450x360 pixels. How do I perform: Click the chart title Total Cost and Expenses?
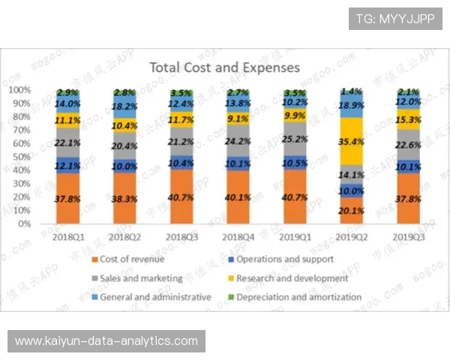click(224, 67)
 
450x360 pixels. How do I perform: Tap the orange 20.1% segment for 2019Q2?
click(351, 210)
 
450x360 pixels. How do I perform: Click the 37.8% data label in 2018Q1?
click(68, 199)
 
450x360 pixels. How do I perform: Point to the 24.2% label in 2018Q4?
click(237, 140)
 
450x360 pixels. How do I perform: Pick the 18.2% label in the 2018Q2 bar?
click(124, 107)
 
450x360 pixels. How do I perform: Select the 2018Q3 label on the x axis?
click(181, 237)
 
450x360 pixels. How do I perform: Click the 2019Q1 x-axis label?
click(294, 237)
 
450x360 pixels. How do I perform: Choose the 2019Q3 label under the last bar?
click(407, 237)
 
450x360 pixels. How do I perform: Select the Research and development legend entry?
click(292, 278)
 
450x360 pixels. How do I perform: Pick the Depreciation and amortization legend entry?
click(298, 297)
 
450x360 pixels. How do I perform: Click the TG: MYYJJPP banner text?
click(394, 19)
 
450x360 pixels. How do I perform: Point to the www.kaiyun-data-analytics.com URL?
click(106, 341)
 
